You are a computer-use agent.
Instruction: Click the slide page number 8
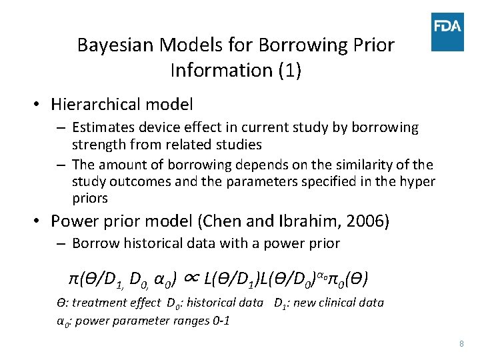point(461,343)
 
